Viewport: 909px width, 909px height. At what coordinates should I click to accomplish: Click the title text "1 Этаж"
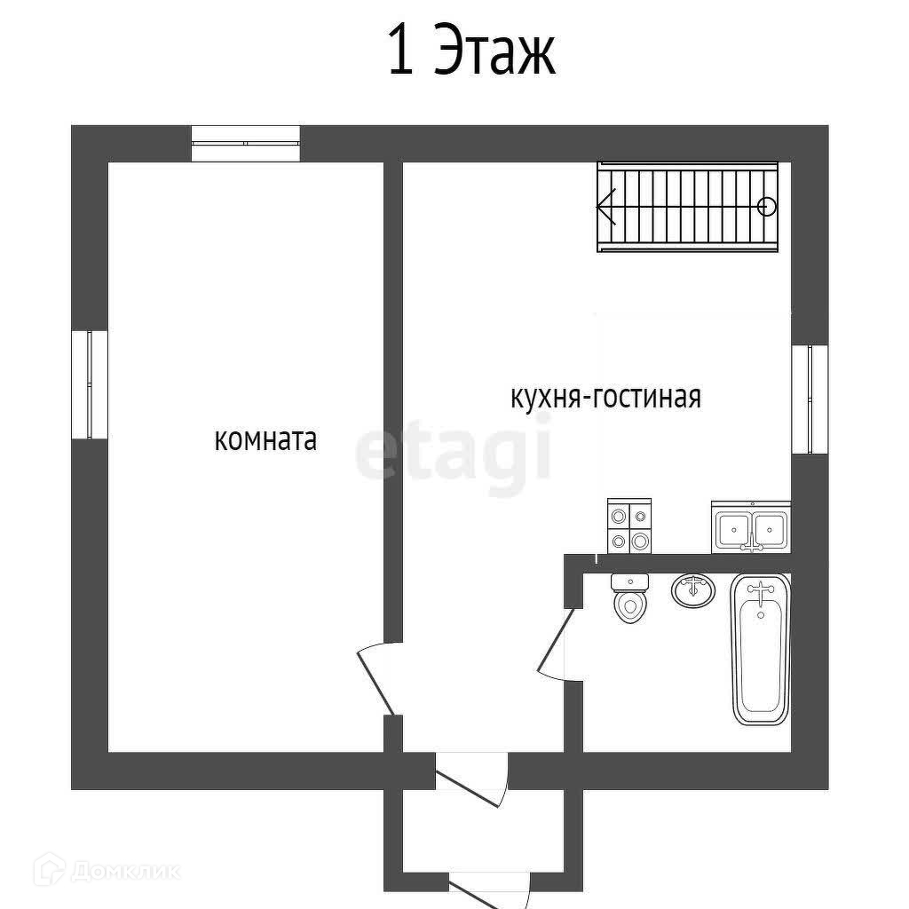click(x=471, y=51)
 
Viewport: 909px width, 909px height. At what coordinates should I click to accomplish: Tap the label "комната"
click(x=265, y=440)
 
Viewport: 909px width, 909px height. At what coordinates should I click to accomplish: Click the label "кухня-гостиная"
click(x=605, y=397)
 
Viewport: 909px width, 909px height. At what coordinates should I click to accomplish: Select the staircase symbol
click(x=688, y=207)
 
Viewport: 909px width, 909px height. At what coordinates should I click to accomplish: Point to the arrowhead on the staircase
click(x=605, y=207)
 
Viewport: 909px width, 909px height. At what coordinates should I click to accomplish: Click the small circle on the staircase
click(x=767, y=206)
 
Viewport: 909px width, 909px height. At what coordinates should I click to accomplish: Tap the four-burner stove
click(x=629, y=526)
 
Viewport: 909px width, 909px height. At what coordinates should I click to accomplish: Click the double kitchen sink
click(x=751, y=526)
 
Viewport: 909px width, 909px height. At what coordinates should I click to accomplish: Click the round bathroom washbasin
click(x=692, y=590)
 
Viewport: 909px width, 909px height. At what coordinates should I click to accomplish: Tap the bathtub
click(x=761, y=649)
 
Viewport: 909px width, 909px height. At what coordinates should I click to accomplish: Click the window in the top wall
click(x=246, y=143)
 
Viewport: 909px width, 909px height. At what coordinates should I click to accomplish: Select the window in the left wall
click(x=90, y=384)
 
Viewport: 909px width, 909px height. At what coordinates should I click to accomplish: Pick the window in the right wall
click(x=810, y=399)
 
